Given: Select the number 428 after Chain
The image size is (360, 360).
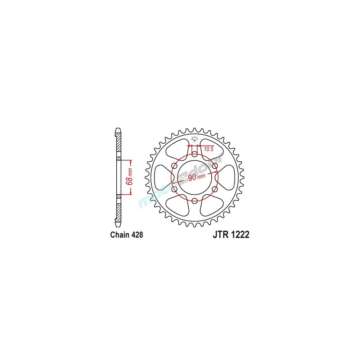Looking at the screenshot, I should click(137, 235).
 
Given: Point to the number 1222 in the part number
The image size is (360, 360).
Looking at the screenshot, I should click(239, 235).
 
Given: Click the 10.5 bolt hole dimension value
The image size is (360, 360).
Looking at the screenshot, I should click(210, 149).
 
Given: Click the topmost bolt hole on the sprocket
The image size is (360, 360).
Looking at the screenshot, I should click(194, 154).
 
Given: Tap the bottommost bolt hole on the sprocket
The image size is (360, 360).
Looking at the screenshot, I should click(194, 201).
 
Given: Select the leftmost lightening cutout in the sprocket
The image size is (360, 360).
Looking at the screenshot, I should click(162, 177).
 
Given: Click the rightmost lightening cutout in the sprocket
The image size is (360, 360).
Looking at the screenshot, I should click(227, 177).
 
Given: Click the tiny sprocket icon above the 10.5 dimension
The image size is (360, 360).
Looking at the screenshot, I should click(194, 138).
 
